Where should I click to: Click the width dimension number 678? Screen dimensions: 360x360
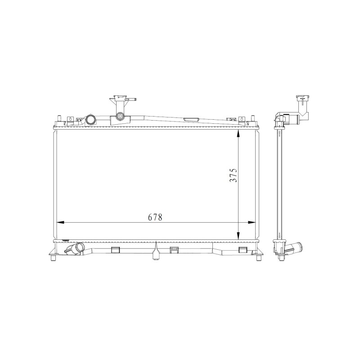point(155,217)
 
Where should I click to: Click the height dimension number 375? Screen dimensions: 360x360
point(233,175)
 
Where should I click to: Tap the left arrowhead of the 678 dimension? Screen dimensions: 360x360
point(60,222)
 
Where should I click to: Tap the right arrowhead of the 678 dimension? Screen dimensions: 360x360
point(252,222)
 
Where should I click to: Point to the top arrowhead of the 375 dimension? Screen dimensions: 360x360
point(238,133)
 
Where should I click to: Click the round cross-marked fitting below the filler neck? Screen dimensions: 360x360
point(120,117)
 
